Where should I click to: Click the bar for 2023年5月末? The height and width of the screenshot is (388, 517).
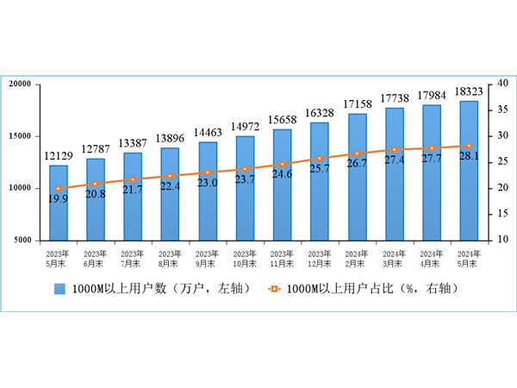coord(59,203)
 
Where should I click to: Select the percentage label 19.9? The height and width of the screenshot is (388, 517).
coord(59,199)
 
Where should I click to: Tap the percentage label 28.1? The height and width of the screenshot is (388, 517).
coord(469,156)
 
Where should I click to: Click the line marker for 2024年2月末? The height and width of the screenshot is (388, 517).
coord(357,153)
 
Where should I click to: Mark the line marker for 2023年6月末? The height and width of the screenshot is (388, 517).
coord(96,184)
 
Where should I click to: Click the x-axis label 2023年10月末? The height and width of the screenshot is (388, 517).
coord(245,258)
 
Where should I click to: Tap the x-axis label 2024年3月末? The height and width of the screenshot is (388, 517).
coord(394,258)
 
